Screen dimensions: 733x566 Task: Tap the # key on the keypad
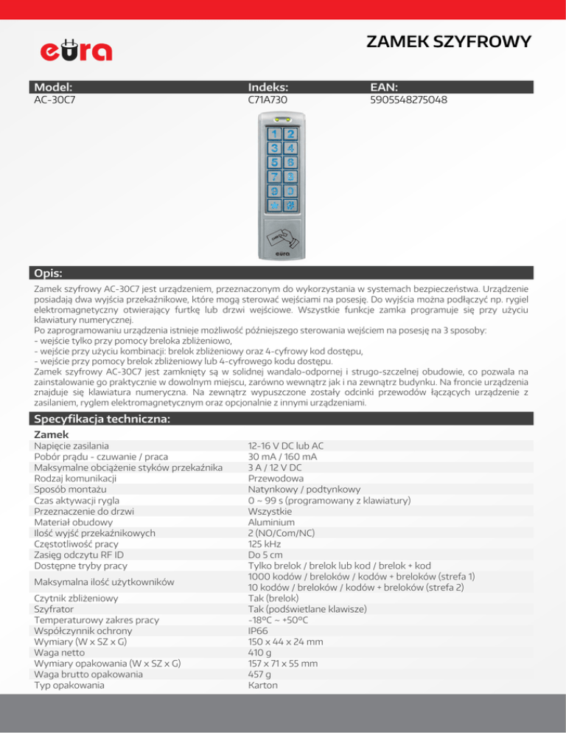click(291, 204)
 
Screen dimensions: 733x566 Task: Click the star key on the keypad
click(275, 204)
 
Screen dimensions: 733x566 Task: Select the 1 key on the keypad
click(275, 135)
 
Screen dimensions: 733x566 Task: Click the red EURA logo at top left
click(75, 50)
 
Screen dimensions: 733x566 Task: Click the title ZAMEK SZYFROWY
click(449, 43)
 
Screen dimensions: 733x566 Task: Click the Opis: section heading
click(47, 273)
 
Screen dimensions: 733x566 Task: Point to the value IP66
click(259, 631)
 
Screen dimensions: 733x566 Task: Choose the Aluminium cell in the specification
click(271, 522)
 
